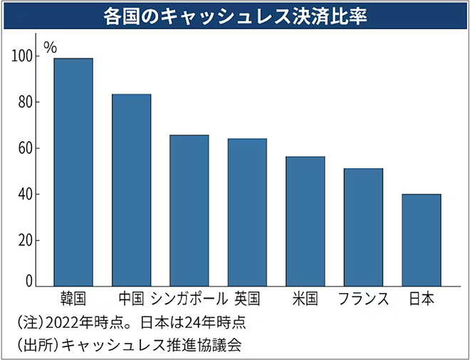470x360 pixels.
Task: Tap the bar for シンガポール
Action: pyautogui.click(x=189, y=211)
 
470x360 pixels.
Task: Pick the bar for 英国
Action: pyautogui.click(x=247, y=212)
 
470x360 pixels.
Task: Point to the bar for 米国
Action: pyautogui.click(x=305, y=222)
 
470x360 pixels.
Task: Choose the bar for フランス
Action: pyautogui.click(x=363, y=227)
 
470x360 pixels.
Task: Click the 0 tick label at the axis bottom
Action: pyautogui.click(x=29, y=282)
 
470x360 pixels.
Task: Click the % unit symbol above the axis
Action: pyautogui.click(x=50, y=47)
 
